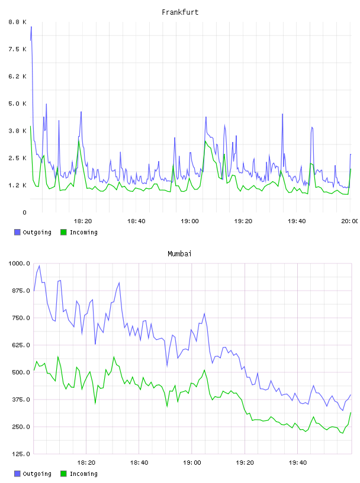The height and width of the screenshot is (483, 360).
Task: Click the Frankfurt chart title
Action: pos(180,12)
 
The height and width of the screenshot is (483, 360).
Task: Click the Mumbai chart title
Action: pos(179,254)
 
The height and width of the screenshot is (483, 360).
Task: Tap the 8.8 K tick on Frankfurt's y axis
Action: pos(18,22)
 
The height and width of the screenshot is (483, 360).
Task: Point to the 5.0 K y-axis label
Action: pos(18,104)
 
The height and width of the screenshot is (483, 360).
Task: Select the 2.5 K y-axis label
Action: pos(18,158)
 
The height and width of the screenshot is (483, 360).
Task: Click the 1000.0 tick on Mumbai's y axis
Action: pos(19,263)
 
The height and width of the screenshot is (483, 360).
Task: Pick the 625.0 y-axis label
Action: pos(19,345)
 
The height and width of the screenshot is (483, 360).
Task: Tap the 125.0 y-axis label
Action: pos(19,454)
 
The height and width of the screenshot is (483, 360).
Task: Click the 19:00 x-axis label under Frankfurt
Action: pos(189,221)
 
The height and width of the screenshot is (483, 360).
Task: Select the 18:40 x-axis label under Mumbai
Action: pos(139,463)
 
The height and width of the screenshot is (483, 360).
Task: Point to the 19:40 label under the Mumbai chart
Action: pos(298,463)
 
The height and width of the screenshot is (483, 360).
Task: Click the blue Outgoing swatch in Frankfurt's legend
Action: pos(17,232)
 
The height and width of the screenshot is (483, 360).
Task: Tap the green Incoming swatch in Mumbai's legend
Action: pos(63,474)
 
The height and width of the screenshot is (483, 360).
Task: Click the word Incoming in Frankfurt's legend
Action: pos(83,233)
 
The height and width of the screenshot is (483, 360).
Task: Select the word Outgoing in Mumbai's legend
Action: pos(37,474)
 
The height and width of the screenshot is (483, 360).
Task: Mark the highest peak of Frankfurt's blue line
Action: pos(31,27)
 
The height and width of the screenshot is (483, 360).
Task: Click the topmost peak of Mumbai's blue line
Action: pos(39,266)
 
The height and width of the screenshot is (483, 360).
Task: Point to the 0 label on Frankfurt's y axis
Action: pos(25,212)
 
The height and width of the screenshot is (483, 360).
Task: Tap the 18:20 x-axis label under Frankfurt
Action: pos(83,221)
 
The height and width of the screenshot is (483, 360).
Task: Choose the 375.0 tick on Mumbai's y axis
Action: pos(19,400)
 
